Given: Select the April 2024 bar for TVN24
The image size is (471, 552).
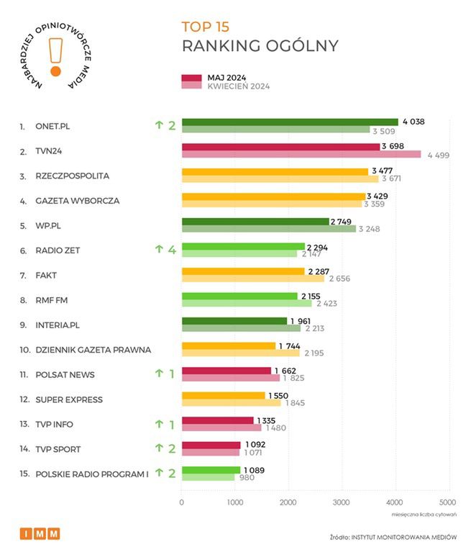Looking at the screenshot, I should (301, 154).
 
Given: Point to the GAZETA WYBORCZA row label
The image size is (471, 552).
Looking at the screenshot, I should (78, 201).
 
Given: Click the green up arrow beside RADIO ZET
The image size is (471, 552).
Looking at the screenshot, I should (160, 250).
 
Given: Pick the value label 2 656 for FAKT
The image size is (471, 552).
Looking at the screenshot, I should (339, 279).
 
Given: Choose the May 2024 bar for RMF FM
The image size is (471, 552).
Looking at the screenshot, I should (239, 296).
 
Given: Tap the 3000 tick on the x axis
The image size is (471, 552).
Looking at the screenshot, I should (341, 502).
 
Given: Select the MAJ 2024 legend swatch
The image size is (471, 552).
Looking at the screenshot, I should (191, 78).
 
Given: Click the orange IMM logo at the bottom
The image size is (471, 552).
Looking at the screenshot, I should (40, 533).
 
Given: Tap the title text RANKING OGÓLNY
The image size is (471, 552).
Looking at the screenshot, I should (260, 47).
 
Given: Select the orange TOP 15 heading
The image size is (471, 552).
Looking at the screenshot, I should (206, 27).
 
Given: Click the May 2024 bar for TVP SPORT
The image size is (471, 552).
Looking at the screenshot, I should (211, 445).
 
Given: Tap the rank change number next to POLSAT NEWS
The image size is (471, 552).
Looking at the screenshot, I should (171, 374).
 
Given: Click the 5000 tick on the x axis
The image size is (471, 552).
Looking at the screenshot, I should (447, 502).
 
